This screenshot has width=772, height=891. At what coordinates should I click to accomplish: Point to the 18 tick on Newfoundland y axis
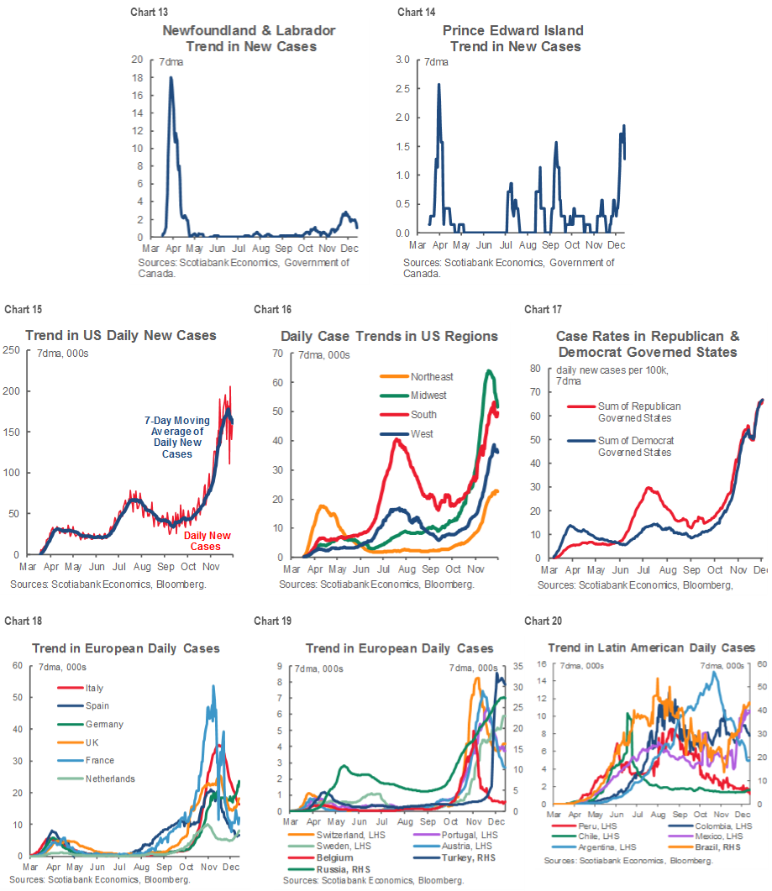[x=138, y=78]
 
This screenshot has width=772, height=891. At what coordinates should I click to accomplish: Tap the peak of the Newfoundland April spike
[x=171, y=78]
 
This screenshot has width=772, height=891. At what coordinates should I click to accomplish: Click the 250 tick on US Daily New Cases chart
[x=13, y=350]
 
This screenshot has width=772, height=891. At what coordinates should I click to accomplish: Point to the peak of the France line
[x=213, y=686]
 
